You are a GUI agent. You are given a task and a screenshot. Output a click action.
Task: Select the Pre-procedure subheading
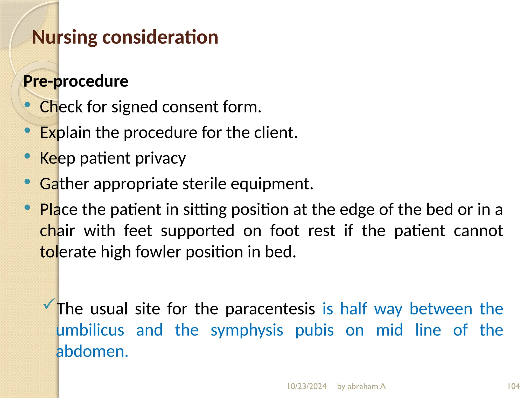pyautogui.click(x=76, y=81)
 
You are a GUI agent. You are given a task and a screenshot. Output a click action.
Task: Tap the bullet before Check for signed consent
pyautogui.click(x=27, y=105)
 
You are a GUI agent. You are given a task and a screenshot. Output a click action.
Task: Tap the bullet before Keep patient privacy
pyautogui.click(x=27, y=156)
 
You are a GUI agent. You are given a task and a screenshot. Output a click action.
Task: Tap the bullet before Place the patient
pyautogui.click(x=27, y=208)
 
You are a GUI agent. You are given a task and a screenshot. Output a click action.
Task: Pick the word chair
pyautogui.click(x=57, y=231)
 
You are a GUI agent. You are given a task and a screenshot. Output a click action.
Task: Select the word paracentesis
pyautogui.click(x=270, y=309)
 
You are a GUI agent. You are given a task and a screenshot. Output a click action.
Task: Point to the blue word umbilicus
pyautogui.click(x=90, y=330)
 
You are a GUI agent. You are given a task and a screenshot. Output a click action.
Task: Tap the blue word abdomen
pyautogui.click(x=92, y=352)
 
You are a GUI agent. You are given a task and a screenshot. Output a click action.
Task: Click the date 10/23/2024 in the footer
pyautogui.click(x=306, y=386)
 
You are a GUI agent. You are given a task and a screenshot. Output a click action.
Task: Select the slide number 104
pyautogui.click(x=513, y=386)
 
